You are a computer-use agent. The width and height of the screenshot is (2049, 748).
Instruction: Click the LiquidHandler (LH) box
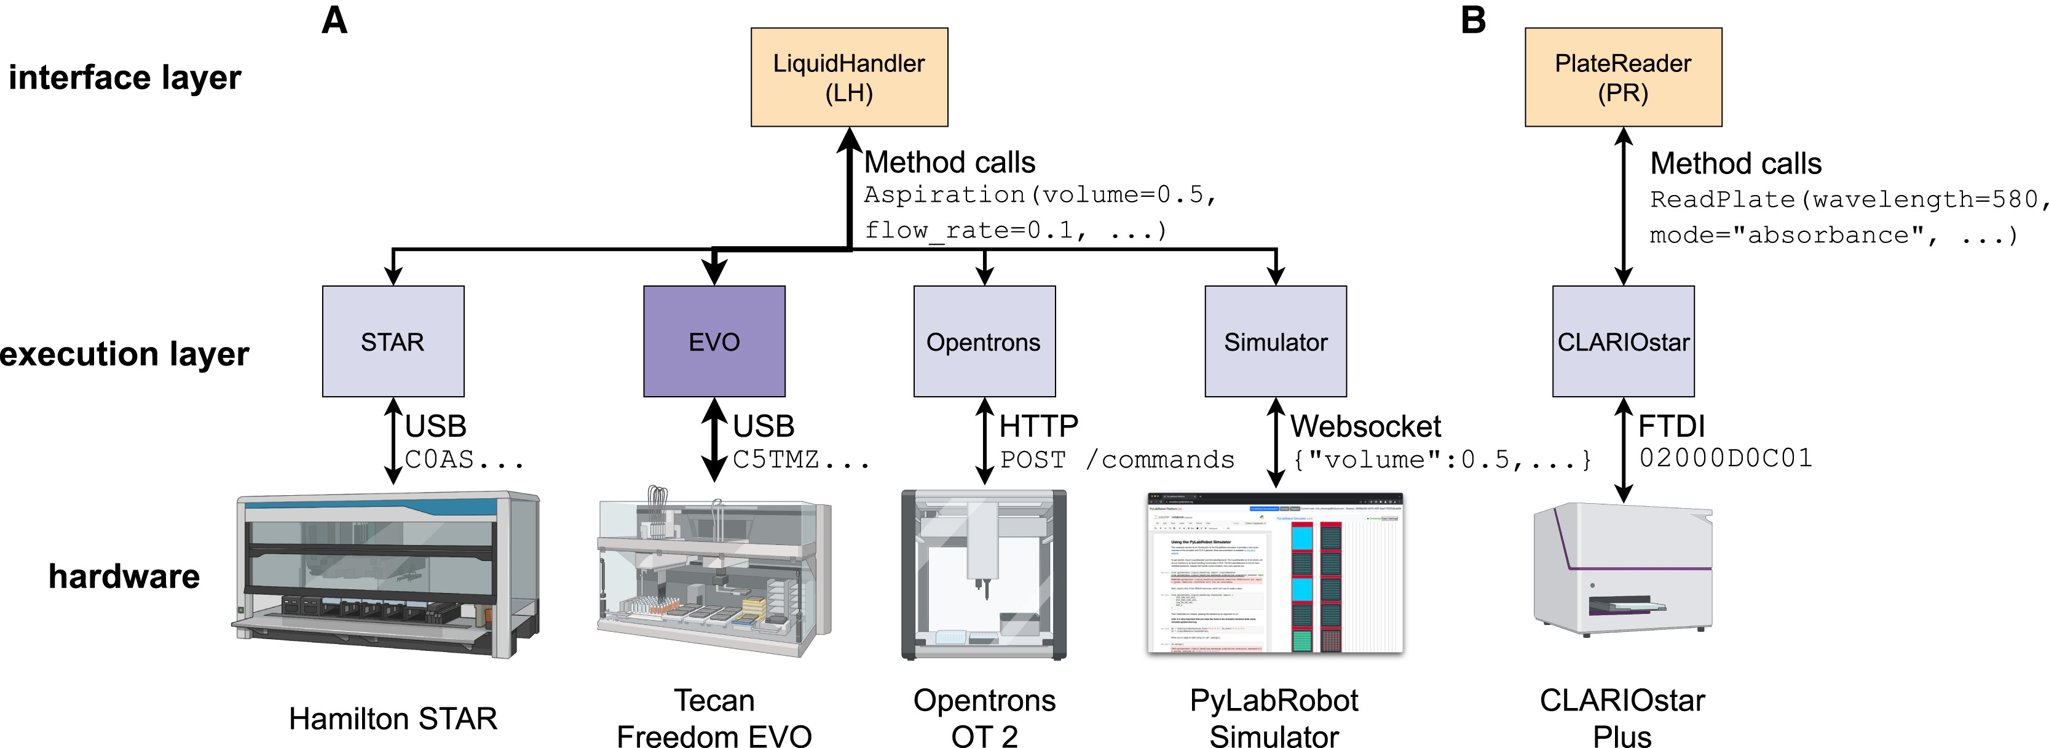(849, 77)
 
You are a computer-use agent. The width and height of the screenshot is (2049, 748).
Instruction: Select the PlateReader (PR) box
(1622, 77)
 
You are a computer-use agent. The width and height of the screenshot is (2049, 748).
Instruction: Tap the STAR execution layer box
(393, 341)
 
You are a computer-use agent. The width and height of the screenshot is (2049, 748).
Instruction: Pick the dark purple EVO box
(714, 341)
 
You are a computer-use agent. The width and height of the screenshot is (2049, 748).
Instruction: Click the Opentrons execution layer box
(984, 341)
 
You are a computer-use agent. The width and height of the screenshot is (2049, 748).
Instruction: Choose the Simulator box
(1275, 341)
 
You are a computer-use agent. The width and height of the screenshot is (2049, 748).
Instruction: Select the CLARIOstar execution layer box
(1622, 341)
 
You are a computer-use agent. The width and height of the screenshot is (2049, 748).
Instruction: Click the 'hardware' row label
(124, 576)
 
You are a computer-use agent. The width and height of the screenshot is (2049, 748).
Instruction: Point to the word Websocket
(1365, 426)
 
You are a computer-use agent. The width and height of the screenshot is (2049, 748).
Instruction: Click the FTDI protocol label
(1671, 426)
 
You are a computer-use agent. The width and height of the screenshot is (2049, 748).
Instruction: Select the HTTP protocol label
(1038, 426)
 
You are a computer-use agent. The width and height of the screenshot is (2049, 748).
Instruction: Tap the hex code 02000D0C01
(1725, 458)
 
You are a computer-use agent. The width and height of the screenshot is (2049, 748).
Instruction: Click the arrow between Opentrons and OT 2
(984, 441)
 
